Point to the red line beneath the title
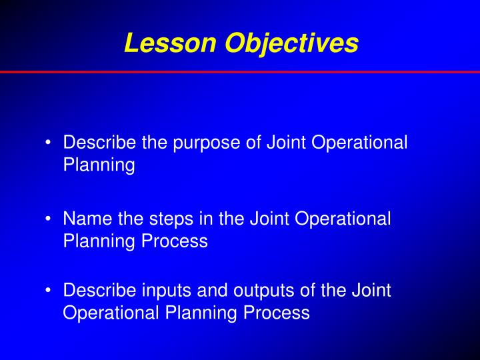pos(240,71)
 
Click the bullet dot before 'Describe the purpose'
pos(51,143)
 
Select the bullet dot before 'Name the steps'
pos(51,219)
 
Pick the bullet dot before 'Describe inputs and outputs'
pos(51,291)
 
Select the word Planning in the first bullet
pos(99,165)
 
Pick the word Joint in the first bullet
pos(285,143)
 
